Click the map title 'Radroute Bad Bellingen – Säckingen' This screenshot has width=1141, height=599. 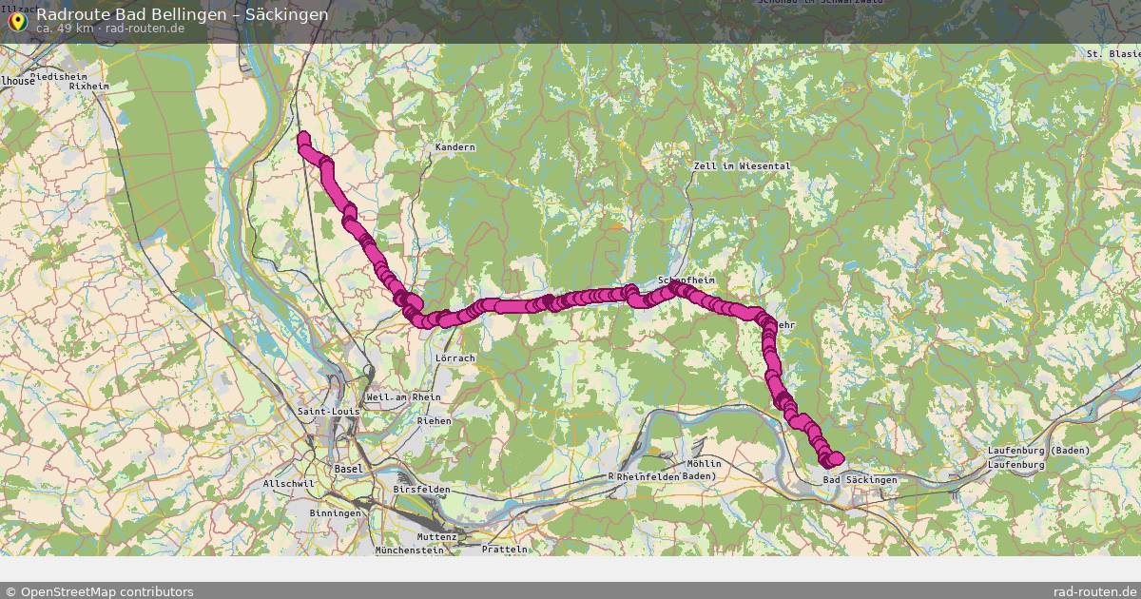[183, 14]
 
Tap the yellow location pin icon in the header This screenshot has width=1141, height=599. [16, 20]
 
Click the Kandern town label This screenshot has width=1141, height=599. [454, 147]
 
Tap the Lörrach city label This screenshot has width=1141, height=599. [454, 358]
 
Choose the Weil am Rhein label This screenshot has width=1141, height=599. [397, 396]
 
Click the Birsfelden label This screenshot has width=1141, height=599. [421, 489]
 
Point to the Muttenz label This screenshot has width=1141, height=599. [436, 537]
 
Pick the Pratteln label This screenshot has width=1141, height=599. [504, 550]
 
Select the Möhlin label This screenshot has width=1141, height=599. [703, 463]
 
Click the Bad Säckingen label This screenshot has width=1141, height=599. [860, 480]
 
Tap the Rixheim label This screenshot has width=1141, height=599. [89, 86]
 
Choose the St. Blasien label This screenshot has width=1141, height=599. [1112, 55]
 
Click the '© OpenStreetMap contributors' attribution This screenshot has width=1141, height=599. [99, 591]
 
